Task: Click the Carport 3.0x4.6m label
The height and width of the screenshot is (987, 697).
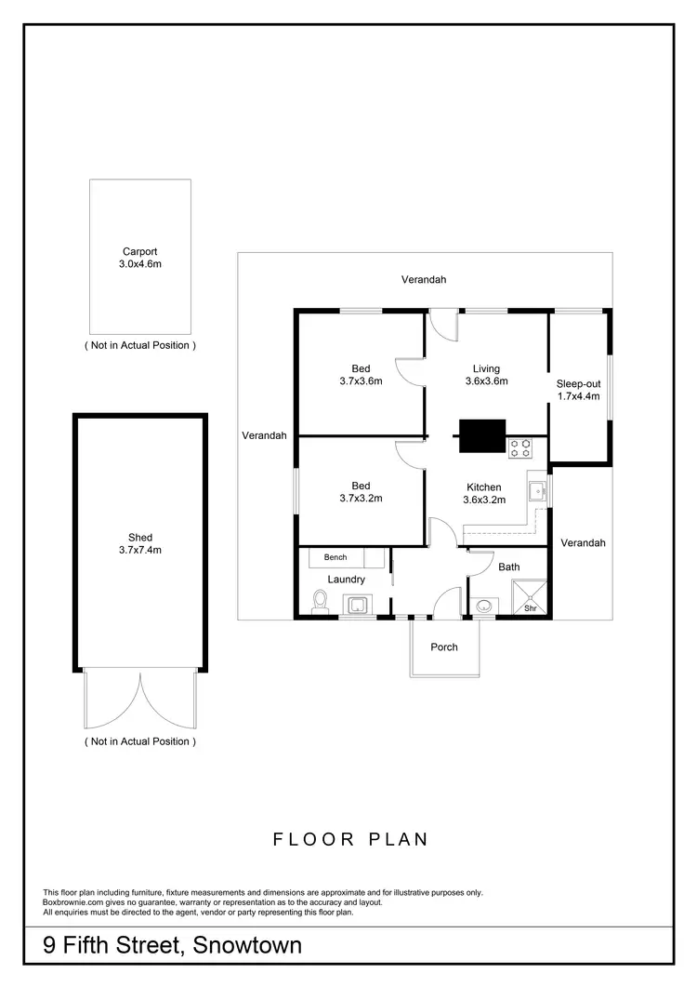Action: (140, 258)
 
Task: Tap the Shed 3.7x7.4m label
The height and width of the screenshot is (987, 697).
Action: (140, 543)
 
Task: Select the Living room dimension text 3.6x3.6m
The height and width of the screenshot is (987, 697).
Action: (486, 380)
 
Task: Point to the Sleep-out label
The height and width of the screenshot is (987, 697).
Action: (578, 383)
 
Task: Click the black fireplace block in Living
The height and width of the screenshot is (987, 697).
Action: (481, 434)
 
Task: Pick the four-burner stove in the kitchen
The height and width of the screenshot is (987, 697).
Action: (519, 449)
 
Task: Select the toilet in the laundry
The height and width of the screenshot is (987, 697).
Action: (320, 602)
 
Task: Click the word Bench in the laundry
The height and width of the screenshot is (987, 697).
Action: (335, 557)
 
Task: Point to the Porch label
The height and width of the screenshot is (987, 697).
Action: (444, 647)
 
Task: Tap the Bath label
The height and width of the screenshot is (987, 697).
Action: (508, 567)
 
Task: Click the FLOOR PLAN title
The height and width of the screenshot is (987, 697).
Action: (350, 839)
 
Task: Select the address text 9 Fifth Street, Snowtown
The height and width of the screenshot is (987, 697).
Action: (173, 946)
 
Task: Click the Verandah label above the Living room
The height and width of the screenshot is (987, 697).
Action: (424, 279)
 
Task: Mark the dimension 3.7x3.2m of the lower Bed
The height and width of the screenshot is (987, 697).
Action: (361, 498)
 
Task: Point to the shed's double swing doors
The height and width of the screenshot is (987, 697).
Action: (140, 700)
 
